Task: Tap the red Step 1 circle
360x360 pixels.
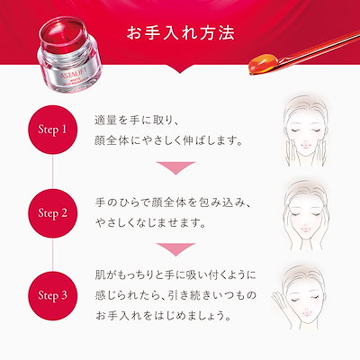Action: pyautogui.click(x=52, y=130)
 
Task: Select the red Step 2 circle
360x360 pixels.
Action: pyautogui.click(x=52, y=213)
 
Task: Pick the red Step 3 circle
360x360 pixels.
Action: pyautogui.click(x=52, y=293)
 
